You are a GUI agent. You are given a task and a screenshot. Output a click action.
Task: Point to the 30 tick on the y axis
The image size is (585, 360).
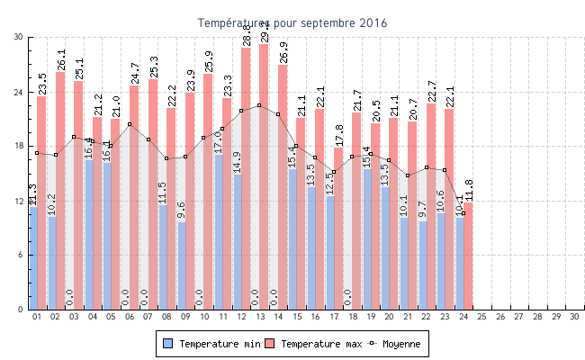(18, 37)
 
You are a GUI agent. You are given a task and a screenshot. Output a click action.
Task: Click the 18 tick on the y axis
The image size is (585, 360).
(18, 146)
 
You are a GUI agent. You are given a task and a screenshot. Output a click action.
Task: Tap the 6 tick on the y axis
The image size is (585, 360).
(20, 255)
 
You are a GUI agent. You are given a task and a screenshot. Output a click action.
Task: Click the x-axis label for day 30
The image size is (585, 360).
(576, 317)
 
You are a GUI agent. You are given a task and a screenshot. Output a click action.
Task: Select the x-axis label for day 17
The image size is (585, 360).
(334, 317)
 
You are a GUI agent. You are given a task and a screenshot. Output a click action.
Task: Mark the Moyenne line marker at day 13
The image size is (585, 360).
(259, 105)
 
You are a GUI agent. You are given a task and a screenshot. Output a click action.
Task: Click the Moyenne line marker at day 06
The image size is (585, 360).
(130, 124)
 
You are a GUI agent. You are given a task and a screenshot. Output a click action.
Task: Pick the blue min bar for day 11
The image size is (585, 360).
(219, 232)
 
